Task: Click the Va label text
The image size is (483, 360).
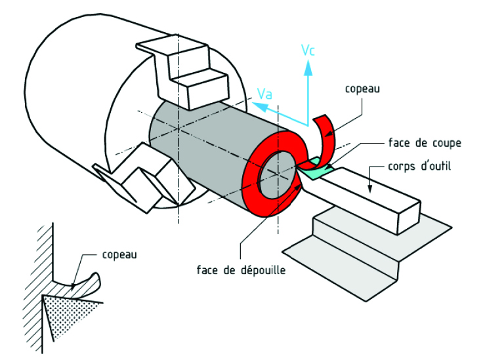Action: point(264,94)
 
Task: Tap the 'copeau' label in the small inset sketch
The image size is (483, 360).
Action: point(119,253)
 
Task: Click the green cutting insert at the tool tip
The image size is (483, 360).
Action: point(319,169)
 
